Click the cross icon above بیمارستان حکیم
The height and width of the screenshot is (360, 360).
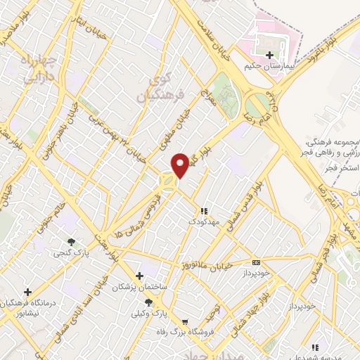pyautogui.click(x=270, y=55)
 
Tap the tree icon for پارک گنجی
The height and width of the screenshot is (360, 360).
pyautogui.click(x=71, y=243)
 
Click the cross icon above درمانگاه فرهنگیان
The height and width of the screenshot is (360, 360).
pyautogui.click(x=27, y=291)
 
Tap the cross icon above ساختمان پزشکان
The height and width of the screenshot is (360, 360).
pyautogui.click(x=140, y=275)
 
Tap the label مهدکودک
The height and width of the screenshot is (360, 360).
pyautogui.click(x=205, y=221)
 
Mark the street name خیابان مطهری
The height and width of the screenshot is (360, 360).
pyautogui.click(x=176, y=119)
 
